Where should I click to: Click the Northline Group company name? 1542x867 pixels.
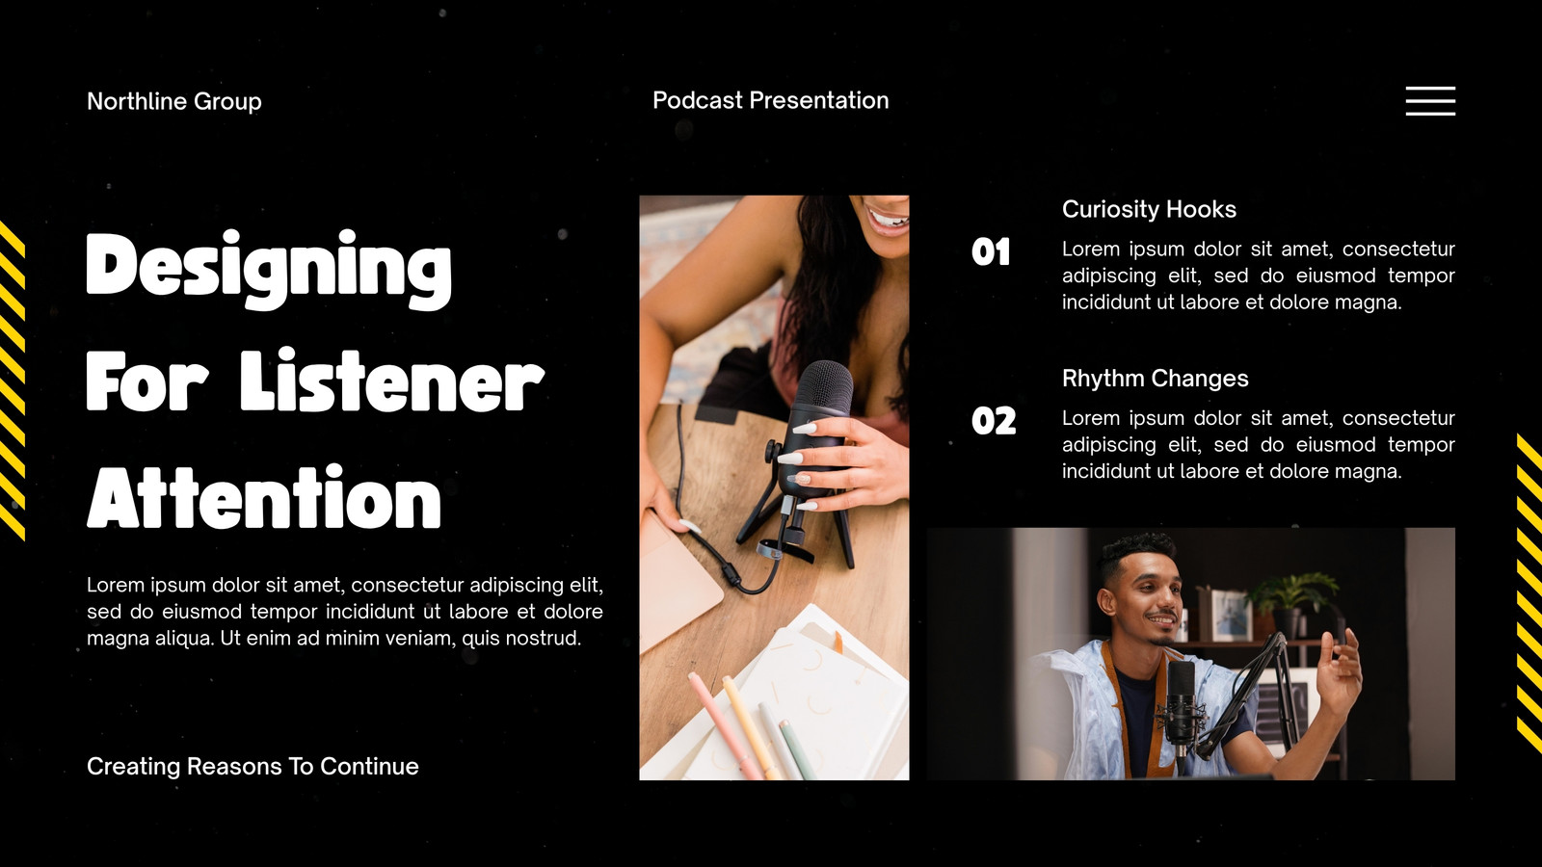pyautogui.click(x=174, y=102)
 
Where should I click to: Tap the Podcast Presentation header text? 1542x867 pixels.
pyautogui.click(x=770, y=100)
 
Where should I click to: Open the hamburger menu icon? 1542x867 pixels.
pyautogui.click(x=1430, y=101)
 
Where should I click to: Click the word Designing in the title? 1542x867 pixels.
pyautogui.click(x=269, y=270)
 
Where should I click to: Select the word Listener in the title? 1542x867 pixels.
pyautogui.click(x=392, y=381)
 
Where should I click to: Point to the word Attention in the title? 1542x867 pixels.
pyautogui.click(x=264, y=497)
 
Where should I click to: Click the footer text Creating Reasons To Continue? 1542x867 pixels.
pyautogui.click(x=253, y=767)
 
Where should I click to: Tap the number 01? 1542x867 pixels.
pyautogui.click(x=991, y=251)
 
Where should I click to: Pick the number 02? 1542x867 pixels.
pyautogui.click(x=994, y=420)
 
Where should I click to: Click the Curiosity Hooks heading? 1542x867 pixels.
pyautogui.click(x=1149, y=209)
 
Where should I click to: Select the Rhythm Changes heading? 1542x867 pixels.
pyautogui.click(x=1156, y=379)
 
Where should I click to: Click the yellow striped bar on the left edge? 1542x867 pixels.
pyautogui.click(x=13, y=381)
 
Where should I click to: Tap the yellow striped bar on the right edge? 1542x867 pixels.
pyautogui.click(x=1529, y=593)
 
